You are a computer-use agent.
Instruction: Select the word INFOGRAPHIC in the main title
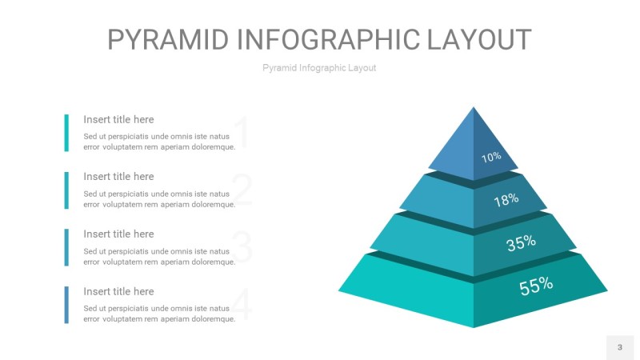330,40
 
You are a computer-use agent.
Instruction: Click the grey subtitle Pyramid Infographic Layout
319,68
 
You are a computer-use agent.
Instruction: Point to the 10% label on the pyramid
491,157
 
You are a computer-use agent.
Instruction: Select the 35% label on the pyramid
521,242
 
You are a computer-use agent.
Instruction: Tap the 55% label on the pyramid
536,285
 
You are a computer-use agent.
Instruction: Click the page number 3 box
619,347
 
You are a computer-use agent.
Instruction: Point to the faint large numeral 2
242,190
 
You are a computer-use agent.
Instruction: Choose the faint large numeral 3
242,247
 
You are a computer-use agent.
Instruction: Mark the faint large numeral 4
242,305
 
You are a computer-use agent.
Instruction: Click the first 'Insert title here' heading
118,119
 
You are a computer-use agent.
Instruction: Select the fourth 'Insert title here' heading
118,291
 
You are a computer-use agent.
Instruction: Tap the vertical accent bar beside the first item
66,133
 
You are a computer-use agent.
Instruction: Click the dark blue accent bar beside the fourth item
66,305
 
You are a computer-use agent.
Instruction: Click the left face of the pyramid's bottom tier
408,288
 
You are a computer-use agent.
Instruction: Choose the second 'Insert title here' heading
118,176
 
